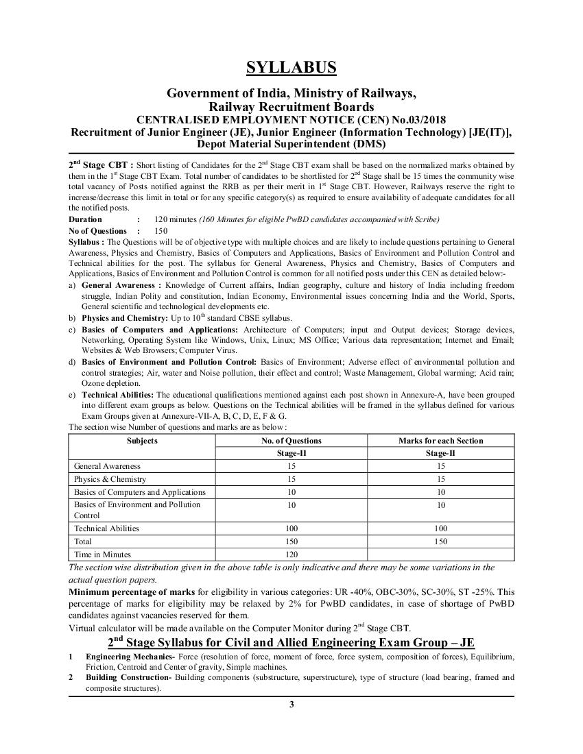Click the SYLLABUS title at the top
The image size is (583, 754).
(x=291, y=67)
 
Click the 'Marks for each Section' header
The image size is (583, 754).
(x=440, y=441)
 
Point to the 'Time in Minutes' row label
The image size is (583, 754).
(x=102, y=554)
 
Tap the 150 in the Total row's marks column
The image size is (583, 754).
(x=440, y=542)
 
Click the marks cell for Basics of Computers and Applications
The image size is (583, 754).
(x=440, y=492)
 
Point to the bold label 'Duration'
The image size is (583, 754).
(x=86, y=219)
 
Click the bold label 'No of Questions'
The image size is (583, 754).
(x=98, y=231)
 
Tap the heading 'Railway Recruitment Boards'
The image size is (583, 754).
(x=291, y=106)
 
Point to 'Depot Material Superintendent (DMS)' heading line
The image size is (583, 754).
(x=291, y=144)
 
